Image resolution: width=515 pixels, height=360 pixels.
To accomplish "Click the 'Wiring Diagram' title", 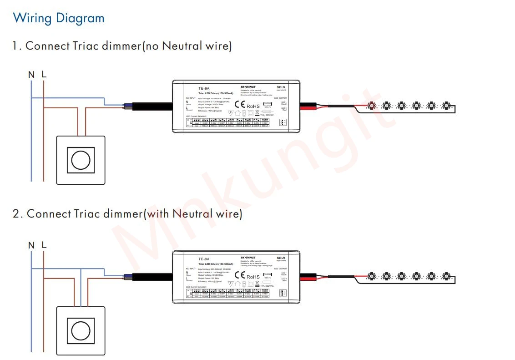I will coord(59,18).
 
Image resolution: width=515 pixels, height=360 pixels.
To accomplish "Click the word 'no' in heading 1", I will coord(151,46).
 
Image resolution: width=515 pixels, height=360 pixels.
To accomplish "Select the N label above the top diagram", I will coord(31,75).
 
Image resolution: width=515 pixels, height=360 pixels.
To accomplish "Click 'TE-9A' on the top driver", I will coord(203,88).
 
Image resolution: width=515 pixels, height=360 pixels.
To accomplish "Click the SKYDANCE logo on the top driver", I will coord(248,86).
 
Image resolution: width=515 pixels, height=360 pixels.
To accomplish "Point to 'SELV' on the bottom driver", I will coord(281,258).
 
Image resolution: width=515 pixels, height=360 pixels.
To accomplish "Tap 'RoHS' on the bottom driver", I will coord(253,277).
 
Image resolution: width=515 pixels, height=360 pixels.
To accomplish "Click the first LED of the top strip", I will coord(371,106).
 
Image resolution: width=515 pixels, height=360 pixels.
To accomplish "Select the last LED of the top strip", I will coord(446,106).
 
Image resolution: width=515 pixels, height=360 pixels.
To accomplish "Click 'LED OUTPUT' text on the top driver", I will coord(280,98).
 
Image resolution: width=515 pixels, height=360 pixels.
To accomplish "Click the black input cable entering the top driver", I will coord(152,106).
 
